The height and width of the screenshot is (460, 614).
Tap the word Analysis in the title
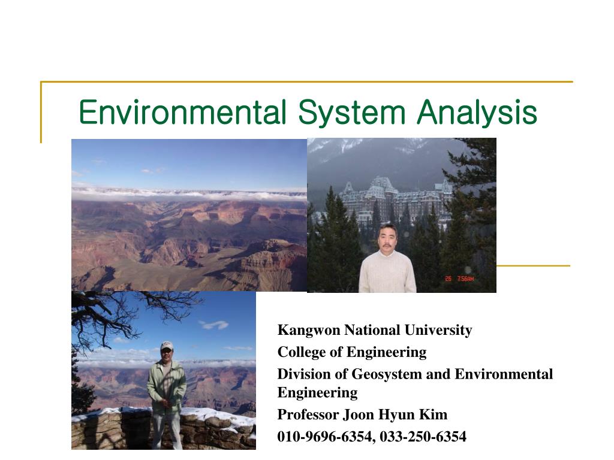[477, 113]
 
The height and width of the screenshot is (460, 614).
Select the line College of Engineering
[351, 352]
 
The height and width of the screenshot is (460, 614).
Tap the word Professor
[308, 414]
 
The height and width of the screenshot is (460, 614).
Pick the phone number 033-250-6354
[423, 437]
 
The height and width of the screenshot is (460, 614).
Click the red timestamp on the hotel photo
[459, 279]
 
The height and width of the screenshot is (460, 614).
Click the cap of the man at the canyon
[167, 346]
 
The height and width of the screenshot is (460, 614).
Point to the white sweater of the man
[387, 273]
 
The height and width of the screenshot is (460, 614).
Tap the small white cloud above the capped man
[214, 325]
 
